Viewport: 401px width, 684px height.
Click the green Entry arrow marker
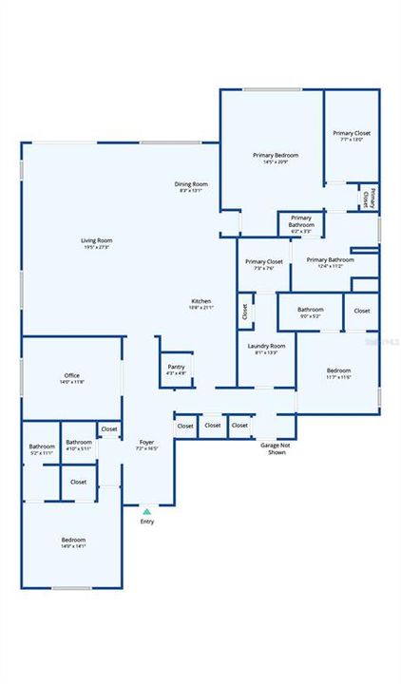tap(146, 511)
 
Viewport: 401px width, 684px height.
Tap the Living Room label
tap(97, 243)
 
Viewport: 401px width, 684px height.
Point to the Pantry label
tap(176, 369)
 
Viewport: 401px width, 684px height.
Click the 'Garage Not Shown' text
tap(274, 446)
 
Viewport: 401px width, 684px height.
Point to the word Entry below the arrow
tap(146, 522)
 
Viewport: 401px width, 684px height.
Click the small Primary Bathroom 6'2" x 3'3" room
tap(301, 224)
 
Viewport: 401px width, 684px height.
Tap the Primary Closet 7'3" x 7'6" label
tap(263, 264)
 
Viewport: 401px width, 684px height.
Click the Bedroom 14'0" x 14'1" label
tap(73, 542)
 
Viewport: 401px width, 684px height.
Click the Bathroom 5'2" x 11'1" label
tap(42, 449)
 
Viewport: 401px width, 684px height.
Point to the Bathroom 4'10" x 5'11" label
tap(79, 445)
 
